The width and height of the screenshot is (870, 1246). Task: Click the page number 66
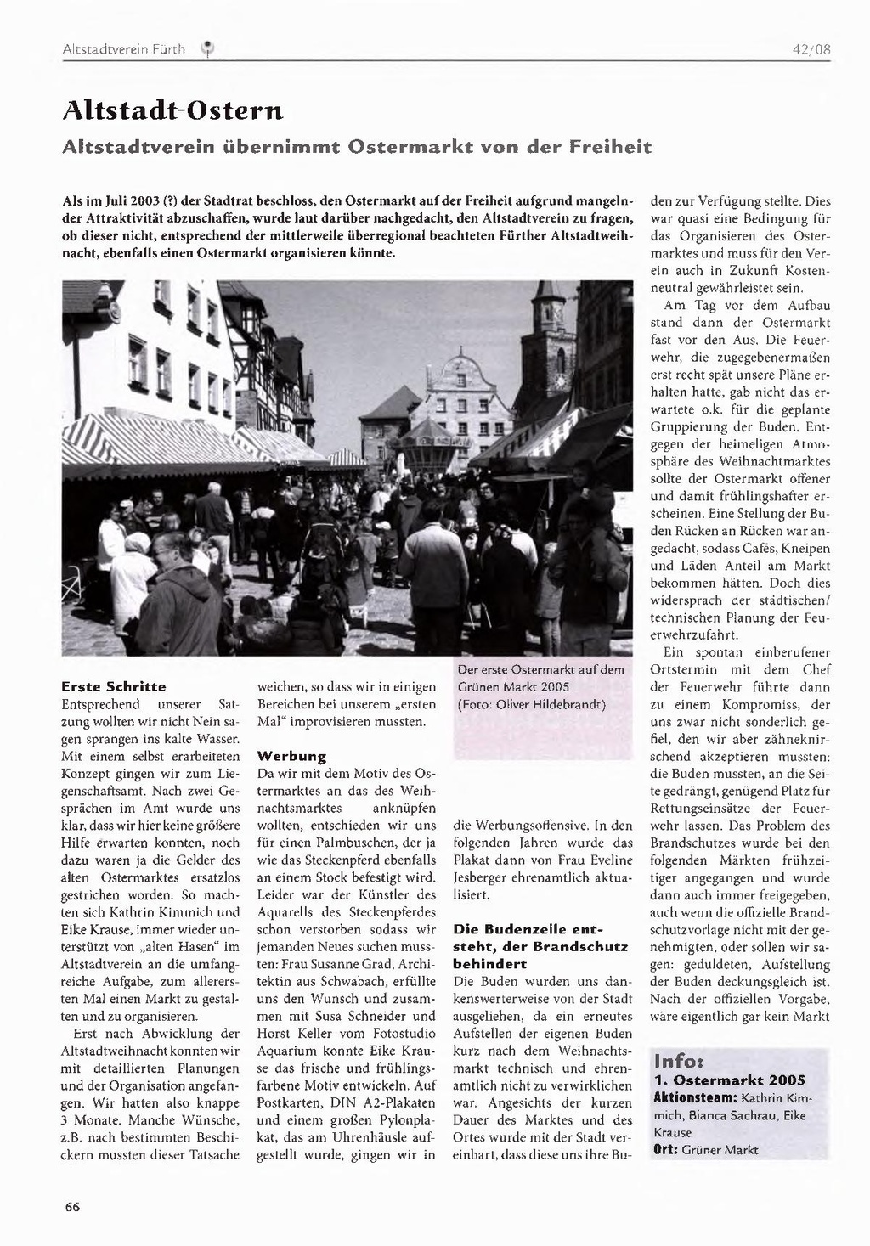[x=72, y=1207]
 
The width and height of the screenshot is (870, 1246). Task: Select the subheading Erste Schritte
[x=114, y=686]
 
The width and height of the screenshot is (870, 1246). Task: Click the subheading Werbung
[x=291, y=756]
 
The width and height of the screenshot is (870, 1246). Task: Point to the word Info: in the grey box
[x=678, y=1062]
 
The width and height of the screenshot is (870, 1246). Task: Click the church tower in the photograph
[x=546, y=340]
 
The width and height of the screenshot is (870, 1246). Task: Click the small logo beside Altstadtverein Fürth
[x=206, y=50]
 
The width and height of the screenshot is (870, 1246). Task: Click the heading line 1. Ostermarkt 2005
[x=730, y=1080]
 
